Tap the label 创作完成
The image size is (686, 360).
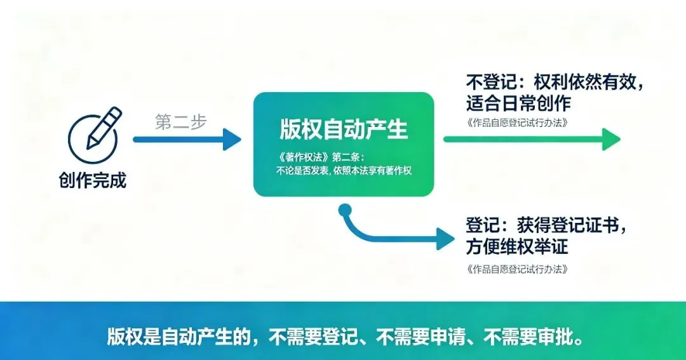click(92, 180)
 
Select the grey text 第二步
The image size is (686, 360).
click(180, 122)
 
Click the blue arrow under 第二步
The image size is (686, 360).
click(187, 140)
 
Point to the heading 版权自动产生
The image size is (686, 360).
click(344, 129)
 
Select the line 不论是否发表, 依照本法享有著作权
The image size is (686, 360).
click(344, 171)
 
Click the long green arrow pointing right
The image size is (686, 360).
click(532, 139)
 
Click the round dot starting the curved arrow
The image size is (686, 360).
click(345, 210)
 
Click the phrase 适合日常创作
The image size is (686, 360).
click(518, 103)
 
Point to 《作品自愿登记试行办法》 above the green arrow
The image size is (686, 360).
click(517, 123)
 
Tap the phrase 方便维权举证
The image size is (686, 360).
click(517, 246)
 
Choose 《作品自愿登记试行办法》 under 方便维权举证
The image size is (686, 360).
click(517, 269)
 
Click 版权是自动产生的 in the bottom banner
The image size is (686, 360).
click(178, 337)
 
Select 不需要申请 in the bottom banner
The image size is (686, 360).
click(420, 337)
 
